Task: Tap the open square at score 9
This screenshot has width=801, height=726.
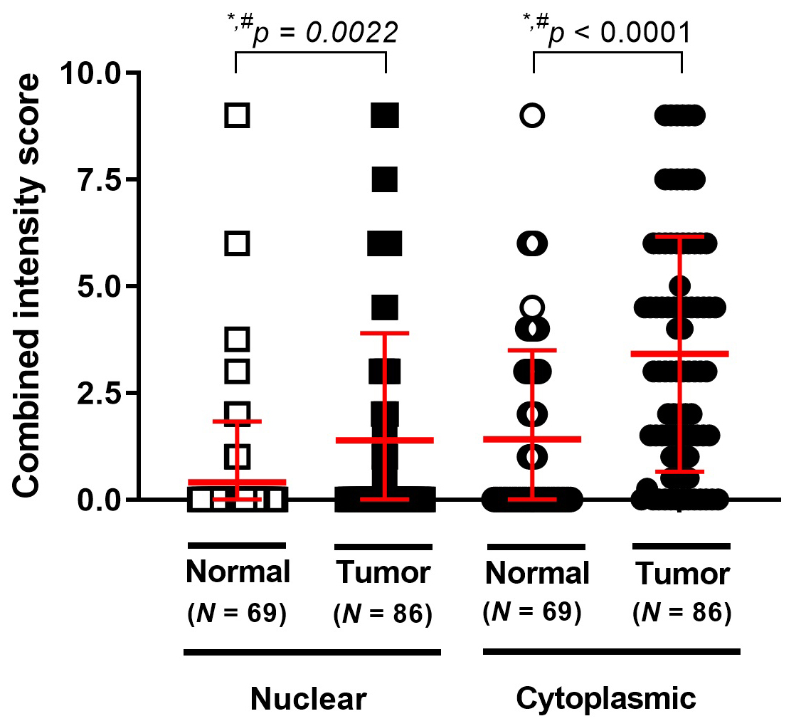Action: pyautogui.click(x=237, y=115)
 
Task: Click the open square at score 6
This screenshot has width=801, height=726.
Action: pyautogui.click(x=237, y=243)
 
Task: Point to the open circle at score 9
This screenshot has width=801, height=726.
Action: pyautogui.click(x=533, y=115)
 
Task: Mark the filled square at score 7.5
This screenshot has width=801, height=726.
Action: pyautogui.click(x=385, y=179)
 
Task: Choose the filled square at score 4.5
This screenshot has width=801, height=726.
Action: pyautogui.click(x=385, y=308)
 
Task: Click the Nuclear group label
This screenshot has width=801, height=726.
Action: pyautogui.click(x=308, y=700)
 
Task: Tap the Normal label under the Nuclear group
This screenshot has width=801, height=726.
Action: pyautogui.click(x=238, y=572)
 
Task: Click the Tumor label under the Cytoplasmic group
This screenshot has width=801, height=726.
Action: pyautogui.click(x=682, y=573)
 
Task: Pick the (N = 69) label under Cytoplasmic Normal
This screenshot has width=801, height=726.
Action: pyautogui.click(x=533, y=613)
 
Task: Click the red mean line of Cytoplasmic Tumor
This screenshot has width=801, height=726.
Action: pyautogui.click(x=681, y=353)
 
